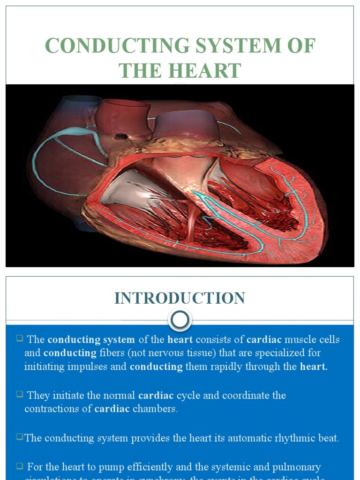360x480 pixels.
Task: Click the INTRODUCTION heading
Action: (180, 299)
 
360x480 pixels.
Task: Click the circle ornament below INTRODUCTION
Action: (180, 321)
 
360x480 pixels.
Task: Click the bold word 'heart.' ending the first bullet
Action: (314, 367)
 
